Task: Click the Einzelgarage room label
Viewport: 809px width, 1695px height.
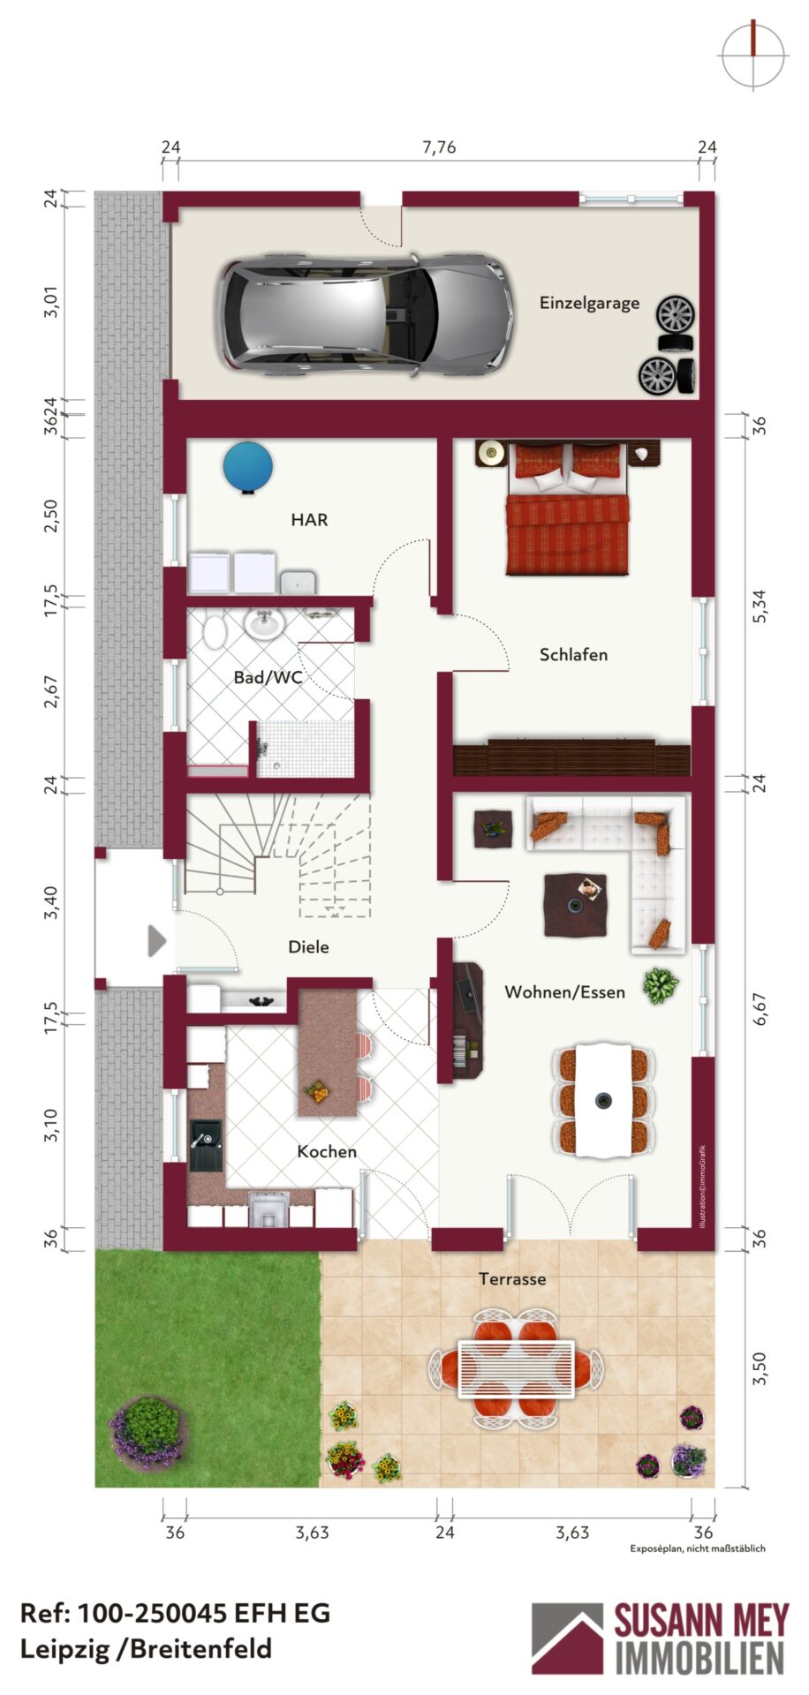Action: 589,303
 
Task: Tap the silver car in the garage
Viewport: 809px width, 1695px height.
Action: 366,315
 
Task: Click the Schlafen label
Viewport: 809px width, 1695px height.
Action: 573,654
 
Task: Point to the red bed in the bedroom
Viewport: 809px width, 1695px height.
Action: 568,509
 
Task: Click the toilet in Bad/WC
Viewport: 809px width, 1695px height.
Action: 215,631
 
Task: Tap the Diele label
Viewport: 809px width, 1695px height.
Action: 308,946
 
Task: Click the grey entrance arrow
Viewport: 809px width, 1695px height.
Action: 157,941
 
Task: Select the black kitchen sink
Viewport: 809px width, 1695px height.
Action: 206,1146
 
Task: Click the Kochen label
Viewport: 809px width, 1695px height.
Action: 327,1151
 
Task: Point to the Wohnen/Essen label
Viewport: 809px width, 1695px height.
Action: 564,991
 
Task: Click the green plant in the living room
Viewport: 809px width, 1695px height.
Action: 660,986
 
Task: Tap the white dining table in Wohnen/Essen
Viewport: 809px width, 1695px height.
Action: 604,1100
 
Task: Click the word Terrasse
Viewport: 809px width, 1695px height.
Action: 512,1278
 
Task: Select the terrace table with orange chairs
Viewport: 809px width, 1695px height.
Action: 516,1369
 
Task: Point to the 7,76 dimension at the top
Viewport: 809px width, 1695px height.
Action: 439,147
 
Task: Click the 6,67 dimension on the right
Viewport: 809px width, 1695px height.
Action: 760,1008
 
